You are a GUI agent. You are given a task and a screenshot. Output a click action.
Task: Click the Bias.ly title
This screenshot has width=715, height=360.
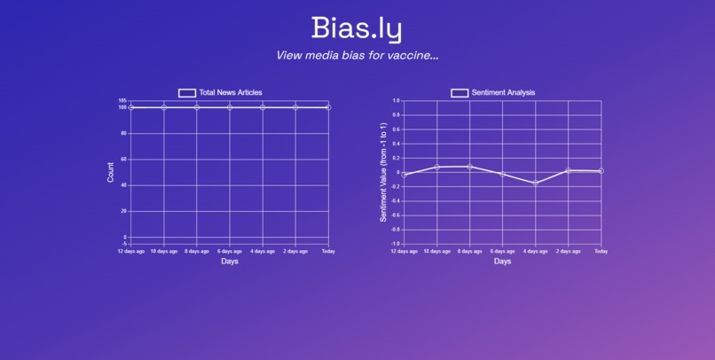pyautogui.click(x=357, y=28)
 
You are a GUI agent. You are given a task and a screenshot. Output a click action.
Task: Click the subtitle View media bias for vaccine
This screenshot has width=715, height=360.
pyautogui.click(x=357, y=55)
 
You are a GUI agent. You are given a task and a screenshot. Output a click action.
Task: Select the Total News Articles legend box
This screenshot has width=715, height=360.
pyautogui.click(x=187, y=92)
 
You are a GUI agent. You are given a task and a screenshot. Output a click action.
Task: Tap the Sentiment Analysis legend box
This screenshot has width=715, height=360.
pyautogui.click(x=460, y=92)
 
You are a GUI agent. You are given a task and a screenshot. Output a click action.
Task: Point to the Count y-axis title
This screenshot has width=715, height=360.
pyautogui.click(x=111, y=172)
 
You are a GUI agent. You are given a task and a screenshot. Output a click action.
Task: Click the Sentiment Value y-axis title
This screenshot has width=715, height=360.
pyautogui.click(x=383, y=172)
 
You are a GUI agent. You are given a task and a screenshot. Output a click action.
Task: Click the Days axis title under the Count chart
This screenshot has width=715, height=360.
pyautogui.click(x=230, y=262)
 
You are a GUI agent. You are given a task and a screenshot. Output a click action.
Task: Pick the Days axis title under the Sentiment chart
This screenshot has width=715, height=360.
pyautogui.click(x=502, y=262)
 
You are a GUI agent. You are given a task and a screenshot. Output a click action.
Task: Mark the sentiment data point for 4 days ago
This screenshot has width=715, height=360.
pyautogui.click(x=536, y=183)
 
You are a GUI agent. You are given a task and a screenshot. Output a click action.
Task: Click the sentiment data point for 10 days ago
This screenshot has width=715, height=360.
pyautogui.click(x=437, y=167)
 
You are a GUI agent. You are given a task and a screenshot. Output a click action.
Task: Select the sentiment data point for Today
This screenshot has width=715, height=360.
pyautogui.click(x=601, y=171)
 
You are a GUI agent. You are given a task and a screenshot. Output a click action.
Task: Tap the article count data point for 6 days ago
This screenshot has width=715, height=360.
pyautogui.click(x=230, y=107)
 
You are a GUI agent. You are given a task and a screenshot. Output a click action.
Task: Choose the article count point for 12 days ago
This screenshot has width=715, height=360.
pyautogui.click(x=131, y=107)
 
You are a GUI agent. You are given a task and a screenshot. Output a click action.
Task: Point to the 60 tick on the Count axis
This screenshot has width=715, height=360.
pyautogui.click(x=123, y=160)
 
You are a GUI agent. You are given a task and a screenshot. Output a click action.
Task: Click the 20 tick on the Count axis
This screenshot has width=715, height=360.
pyautogui.click(x=123, y=211)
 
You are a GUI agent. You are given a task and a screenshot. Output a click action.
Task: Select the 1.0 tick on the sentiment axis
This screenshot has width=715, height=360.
pyautogui.click(x=396, y=101)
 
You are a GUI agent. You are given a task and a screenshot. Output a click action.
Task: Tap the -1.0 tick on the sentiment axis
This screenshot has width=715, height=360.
pyautogui.click(x=395, y=243)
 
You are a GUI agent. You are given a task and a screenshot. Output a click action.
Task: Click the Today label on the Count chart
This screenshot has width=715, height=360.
pyautogui.click(x=328, y=251)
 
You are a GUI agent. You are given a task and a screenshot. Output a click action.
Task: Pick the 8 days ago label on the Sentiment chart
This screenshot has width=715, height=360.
pyautogui.click(x=469, y=251)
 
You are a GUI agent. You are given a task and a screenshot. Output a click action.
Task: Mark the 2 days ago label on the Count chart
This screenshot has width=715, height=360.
pyautogui.click(x=295, y=251)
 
